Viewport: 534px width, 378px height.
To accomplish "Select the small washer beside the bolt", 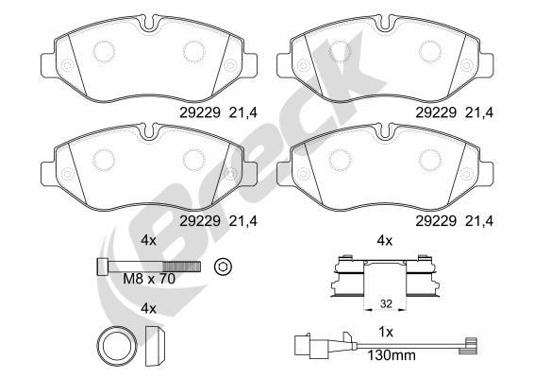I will tap(224, 266).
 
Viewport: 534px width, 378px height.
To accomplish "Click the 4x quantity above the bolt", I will tap(148, 240).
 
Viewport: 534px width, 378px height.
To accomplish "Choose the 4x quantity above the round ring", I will tap(148, 308).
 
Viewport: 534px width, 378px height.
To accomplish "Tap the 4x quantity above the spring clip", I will tap(384, 240).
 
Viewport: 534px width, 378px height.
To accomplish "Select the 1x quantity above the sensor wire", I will tap(384, 333).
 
